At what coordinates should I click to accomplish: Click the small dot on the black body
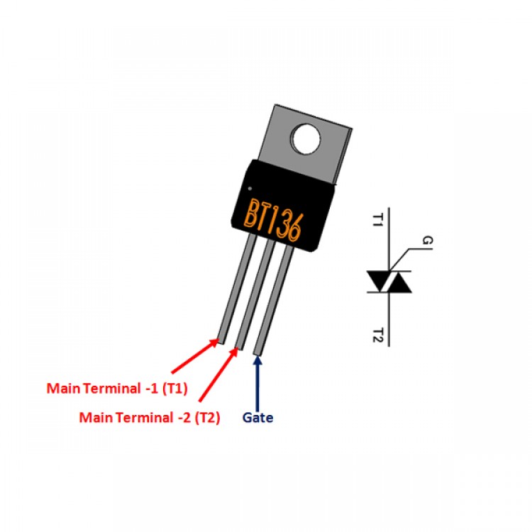pyautogui.click(x=250, y=188)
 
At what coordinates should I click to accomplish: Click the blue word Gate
pyautogui.click(x=257, y=419)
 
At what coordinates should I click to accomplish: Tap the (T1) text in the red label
pyautogui.click(x=174, y=389)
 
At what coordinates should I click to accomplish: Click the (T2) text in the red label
pyautogui.click(x=206, y=419)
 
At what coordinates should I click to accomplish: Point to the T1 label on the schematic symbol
pyautogui.click(x=378, y=219)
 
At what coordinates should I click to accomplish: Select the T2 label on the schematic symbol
pyautogui.click(x=378, y=335)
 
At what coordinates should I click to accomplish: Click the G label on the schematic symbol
pyautogui.click(x=426, y=241)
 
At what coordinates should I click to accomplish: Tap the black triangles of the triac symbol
pyautogui.click(x=389, y=282)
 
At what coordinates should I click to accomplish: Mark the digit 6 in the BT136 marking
pyautogui.click(x=296, y=228)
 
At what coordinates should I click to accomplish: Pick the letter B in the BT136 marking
pyautogui.click(x=253, y=211)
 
